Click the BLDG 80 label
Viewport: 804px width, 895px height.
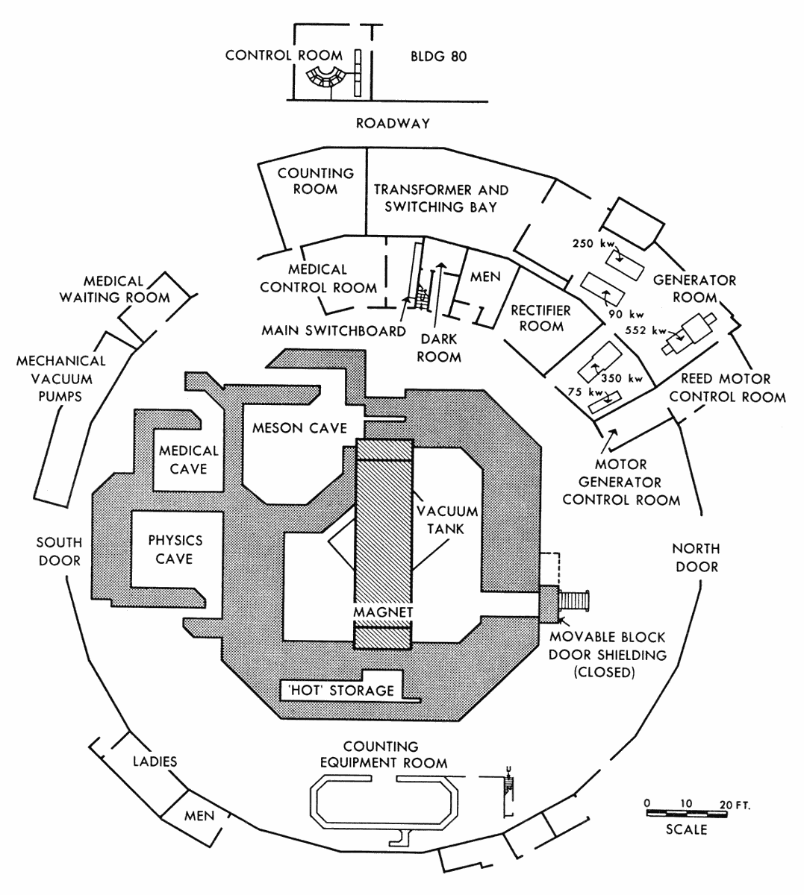(x=439, y=56)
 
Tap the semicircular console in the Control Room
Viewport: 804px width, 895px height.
(x=325, y=78)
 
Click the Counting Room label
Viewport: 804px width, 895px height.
(x=316, y=180)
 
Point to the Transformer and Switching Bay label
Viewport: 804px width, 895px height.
(x=441, y=198)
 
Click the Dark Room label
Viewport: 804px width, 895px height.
(x=439, y=348)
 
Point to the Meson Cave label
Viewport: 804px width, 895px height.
(x=299, y=427)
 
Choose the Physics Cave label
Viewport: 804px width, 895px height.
(x=175, y=550)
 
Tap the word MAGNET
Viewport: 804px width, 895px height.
(x=383, y=612)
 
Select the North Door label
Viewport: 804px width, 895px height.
(x=697, y=558)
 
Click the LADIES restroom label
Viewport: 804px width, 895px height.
(x=155, y=761)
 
